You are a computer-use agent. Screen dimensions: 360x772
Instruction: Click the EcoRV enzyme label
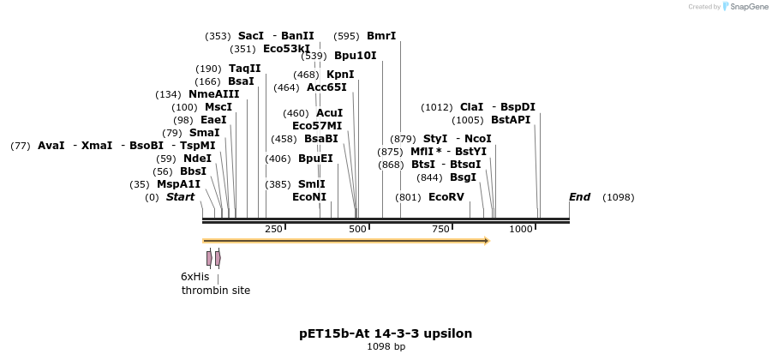click(446, 197)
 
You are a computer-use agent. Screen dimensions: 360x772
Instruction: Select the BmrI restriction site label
click(381, 36)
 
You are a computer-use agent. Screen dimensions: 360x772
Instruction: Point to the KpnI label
click(340, 75)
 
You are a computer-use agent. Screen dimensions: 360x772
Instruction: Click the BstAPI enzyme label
click(511, 120)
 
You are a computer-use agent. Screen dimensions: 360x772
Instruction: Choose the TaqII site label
click(245, 69)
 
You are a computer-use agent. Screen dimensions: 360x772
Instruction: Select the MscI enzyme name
click(218, 107)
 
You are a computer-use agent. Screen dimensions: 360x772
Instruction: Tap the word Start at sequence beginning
click(180, 197)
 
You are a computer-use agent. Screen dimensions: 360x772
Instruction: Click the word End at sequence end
click(579, 197)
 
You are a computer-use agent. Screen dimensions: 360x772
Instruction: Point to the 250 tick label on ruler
click(273, 229)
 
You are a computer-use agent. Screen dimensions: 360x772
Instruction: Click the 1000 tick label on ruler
click(521, 229)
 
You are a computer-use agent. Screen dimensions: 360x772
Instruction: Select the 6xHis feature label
click(194, 277)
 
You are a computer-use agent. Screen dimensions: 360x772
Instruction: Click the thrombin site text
click(216, 291)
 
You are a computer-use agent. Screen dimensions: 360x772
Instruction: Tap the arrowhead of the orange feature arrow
click(486, 241)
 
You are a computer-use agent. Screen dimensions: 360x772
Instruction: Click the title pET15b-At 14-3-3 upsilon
click(386, 333)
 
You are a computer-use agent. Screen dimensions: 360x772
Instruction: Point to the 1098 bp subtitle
click(386, 347)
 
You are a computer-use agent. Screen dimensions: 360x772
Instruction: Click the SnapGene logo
click(743, 7)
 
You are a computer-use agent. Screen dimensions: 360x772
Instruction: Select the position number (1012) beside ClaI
click(437, 107)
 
